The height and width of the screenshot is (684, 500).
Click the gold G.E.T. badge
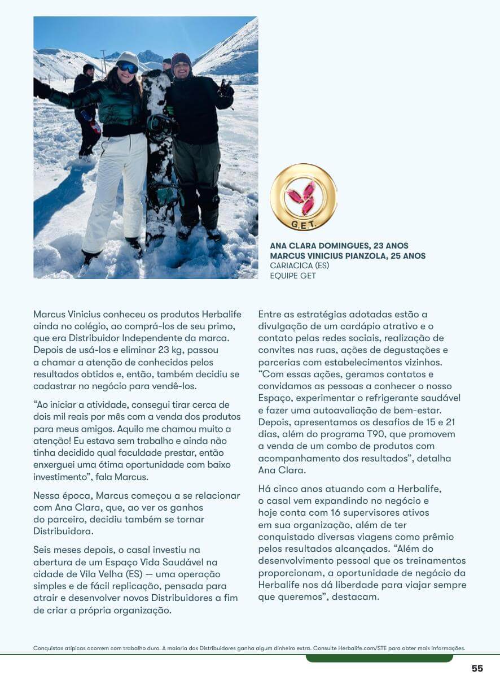click(303, 197)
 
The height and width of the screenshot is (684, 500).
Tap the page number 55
click(477, 668)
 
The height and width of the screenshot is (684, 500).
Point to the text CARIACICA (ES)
click(300, 265)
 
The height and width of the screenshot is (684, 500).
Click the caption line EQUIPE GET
click(293, 276)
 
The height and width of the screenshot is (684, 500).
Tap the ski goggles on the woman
click(128, 67)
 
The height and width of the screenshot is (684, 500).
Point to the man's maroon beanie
click(181, 58)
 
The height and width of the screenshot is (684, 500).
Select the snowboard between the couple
click(160, 153)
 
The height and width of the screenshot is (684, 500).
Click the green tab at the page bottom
click(379, 658)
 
